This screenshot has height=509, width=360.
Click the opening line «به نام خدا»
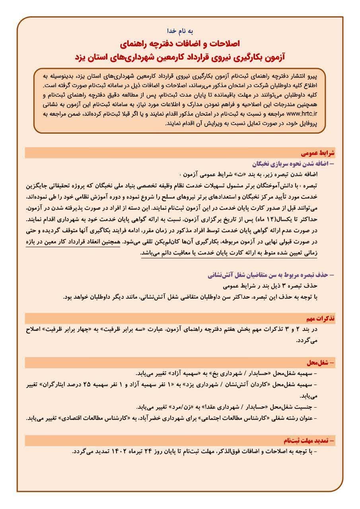pyautogui.click(x=179, y=31)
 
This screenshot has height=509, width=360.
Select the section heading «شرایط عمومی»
pyautogui.click(x=321, y=153)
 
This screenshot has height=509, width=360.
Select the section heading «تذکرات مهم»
pyautogui.click(x=321, y=318)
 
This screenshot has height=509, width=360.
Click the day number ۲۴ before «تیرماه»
pyautogui.click(x=160, y=452)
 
